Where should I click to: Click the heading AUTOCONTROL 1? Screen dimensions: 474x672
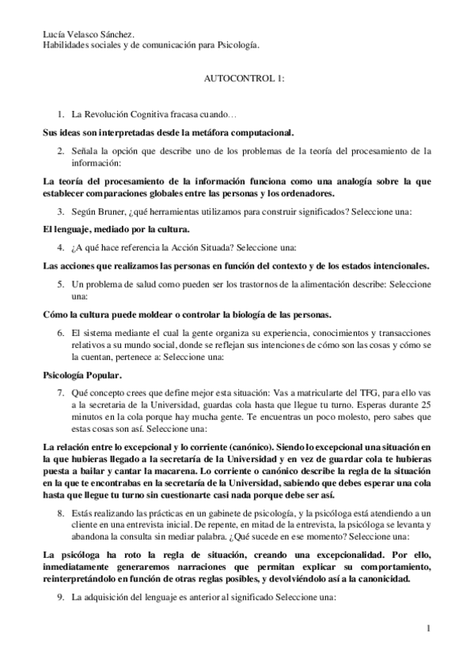[x=239, y=80]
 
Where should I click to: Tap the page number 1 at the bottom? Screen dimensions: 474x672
[x=427, y=629]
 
